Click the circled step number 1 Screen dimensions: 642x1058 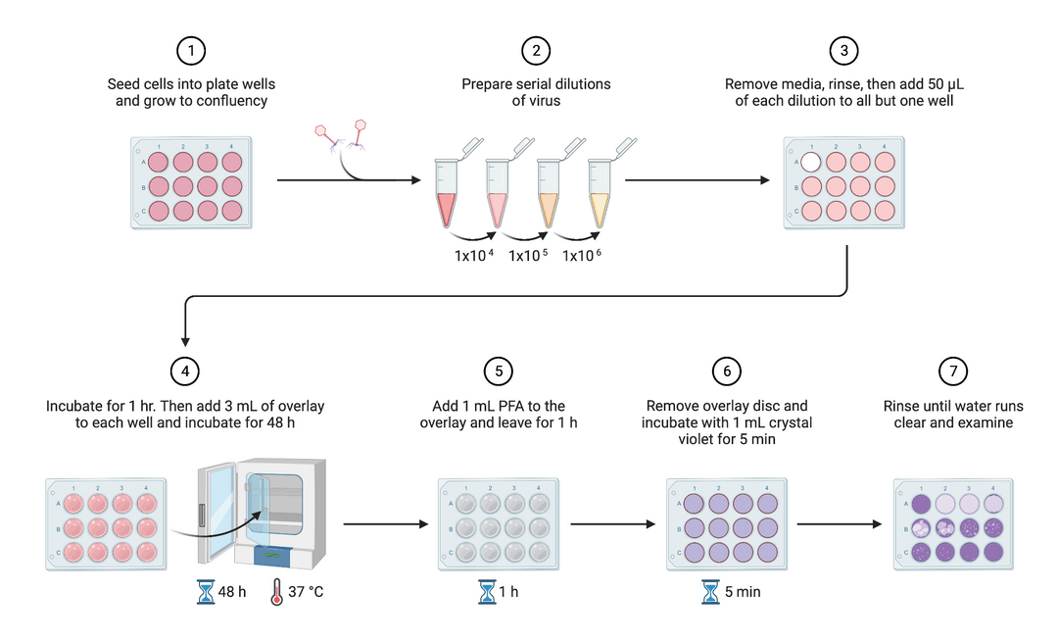(x=191, y=51)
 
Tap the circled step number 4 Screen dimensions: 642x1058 (x=185, y=370)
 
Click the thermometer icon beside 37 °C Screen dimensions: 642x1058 (x=277, y=592)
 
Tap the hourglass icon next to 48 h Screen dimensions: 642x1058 (x=206, y=592)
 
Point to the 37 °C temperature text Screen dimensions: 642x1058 (x=305, y=592)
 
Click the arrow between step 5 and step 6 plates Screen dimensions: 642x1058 (x=612, y=524)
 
